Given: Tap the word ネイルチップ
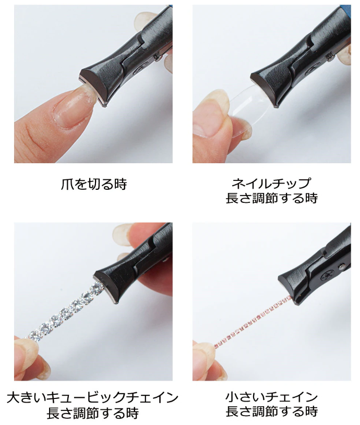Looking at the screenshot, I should tap(271, 184).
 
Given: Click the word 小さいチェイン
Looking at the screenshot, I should tap(271, 397).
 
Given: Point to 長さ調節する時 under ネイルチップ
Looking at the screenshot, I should tap(271, 198).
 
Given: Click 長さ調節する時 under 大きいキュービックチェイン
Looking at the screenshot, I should tap(92, 414).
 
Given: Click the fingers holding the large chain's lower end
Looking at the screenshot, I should tap(26, 355).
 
